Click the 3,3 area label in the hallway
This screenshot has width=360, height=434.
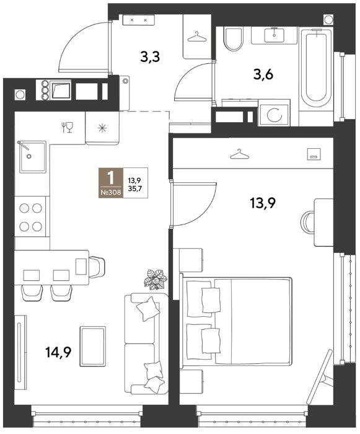(x=150, y=58)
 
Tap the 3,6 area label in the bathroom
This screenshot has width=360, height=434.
(x=263, y=75)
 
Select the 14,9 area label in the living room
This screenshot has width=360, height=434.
(x=58, y=352)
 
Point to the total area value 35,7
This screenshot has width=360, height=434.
(x=134, y=187)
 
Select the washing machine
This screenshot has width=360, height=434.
(x=274, y=113)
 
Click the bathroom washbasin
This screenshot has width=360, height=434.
(x=274, y=35)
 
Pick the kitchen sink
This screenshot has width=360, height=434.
(x=33, y=157)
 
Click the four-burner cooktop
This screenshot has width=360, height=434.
(x=30, y=217)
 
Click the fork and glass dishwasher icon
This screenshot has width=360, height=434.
(x=67, y=127)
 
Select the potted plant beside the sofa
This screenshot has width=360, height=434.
(x=156, y=279)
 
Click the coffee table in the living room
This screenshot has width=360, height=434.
(x=93, y=347)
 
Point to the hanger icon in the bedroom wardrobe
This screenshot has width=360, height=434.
(x=239, y=154)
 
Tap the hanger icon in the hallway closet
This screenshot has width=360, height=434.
(x=197, y=37)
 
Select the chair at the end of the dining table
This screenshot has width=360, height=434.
(x=97, y=267)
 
